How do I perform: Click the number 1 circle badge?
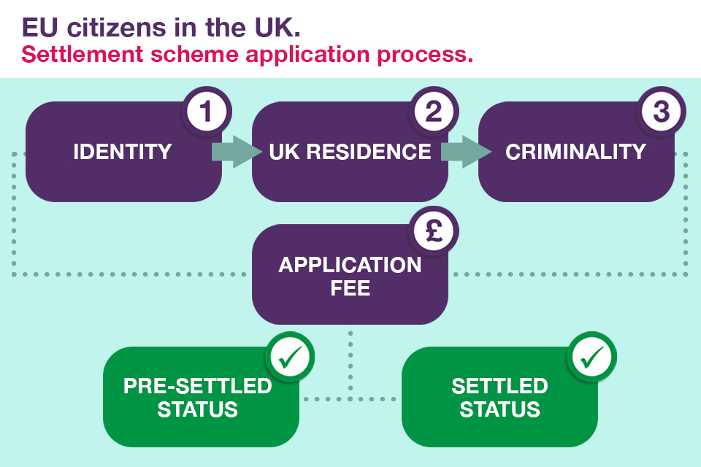(205, 112)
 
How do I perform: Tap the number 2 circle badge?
(433, 112)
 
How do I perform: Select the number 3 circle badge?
(661, 112)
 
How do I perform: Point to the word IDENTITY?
(123, 152)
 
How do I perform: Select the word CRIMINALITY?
(575, 152)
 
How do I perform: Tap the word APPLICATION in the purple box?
(350, 264)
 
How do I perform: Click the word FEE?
(350, 287)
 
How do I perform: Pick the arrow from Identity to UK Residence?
(236, 152)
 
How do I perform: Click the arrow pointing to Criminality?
(464, 152)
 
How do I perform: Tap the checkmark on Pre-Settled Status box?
(291, 357)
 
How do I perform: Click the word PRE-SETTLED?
(197, 385)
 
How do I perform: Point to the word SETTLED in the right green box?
(499, 385)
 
